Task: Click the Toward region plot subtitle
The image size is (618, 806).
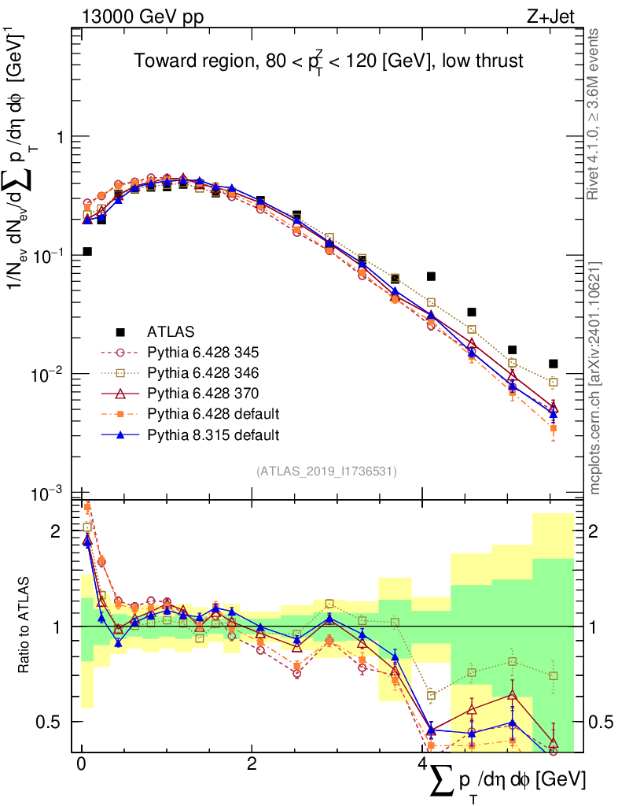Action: coord(329,61)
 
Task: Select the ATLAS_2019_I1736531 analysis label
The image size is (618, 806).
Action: coord(326,471)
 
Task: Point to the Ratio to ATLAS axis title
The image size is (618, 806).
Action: coord(26,626)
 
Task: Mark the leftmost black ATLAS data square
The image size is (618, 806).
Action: coord(87,252)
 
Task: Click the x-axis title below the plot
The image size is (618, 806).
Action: coord(507,780)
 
